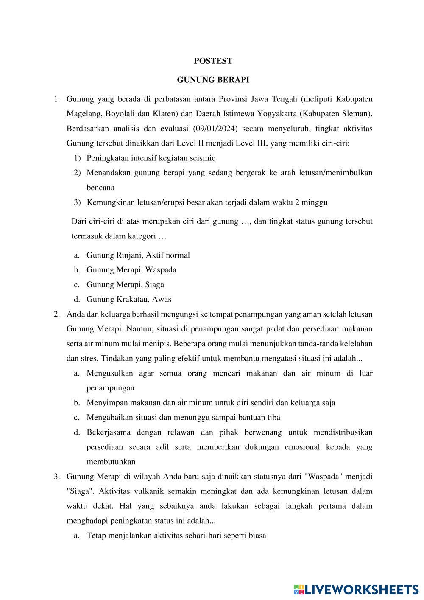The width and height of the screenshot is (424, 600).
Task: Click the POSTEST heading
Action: (x=213, y=61)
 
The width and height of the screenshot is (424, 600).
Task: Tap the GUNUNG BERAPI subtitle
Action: (x=213, y=80)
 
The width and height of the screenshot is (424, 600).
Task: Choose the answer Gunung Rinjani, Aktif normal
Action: (x=138, y=255)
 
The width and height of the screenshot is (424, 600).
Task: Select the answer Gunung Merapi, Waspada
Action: (x=131, y=270)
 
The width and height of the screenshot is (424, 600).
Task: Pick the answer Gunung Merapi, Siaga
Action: (x=125, y=285)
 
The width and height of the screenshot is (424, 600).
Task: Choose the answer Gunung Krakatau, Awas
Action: (x=129, y=300)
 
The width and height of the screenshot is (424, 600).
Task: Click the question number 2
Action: (x=56, y=314)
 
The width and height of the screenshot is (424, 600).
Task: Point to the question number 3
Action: (x=56, y=477)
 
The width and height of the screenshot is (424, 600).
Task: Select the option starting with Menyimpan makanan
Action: (x=211, y=403)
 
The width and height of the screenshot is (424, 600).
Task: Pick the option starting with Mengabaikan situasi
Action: (x=183, y=418)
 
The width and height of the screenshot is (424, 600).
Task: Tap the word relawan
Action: (x=181, y=432)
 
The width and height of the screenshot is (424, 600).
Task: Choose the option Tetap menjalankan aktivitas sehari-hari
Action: (x=176, y=536)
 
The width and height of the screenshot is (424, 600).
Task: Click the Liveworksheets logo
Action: (x=356, y=589)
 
